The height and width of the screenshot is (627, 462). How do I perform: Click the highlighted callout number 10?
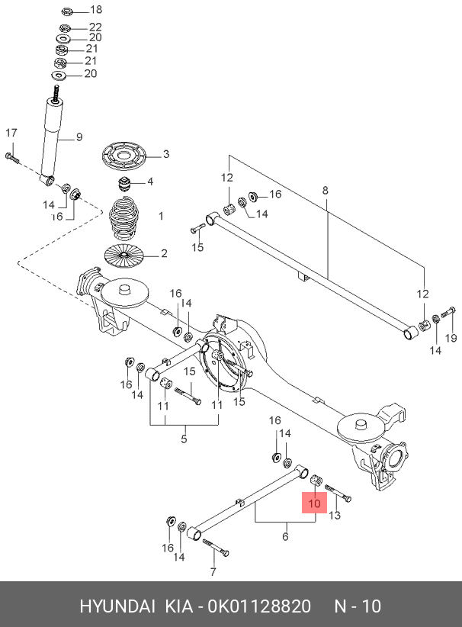tap(315, 503)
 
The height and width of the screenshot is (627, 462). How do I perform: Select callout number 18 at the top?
tap(96, 10)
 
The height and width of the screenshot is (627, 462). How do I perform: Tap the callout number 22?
tap(95, 27)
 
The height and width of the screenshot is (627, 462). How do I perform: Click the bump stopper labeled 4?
tap(124, 184)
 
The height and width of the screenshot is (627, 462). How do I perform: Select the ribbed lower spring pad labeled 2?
tap(124, 255)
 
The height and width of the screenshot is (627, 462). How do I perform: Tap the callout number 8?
tap(325, 191)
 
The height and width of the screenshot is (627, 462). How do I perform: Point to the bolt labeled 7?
tap(216, 548)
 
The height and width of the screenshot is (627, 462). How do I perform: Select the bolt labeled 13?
tap(338, 493)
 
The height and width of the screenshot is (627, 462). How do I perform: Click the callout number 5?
tap(184, 439)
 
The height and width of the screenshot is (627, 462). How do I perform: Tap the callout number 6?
tap(285, 536)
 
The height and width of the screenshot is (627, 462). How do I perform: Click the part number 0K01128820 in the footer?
tap(259, 606)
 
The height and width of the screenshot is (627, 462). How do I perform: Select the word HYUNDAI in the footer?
tap(117, 606)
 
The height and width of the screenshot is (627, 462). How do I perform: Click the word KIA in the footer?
tap(179, 606)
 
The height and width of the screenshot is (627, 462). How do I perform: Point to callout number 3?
tap(166, 154)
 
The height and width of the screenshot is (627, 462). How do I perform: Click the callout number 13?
tap(335, 515)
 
